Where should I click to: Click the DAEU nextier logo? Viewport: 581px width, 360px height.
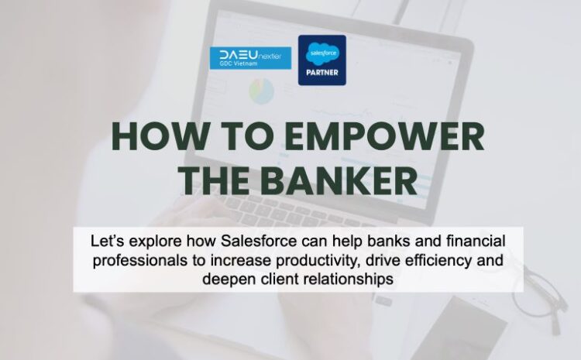tap(250, 57)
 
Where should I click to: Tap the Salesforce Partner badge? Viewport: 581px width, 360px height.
tap(322, 60)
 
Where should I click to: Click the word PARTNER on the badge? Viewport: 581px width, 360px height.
tap(322, 75)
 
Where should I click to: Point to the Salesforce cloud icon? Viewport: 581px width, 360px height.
tap(322, 53)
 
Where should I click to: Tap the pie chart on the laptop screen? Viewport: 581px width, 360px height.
tap(262, 92)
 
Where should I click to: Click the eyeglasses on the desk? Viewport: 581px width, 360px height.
tap(546, 294)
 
